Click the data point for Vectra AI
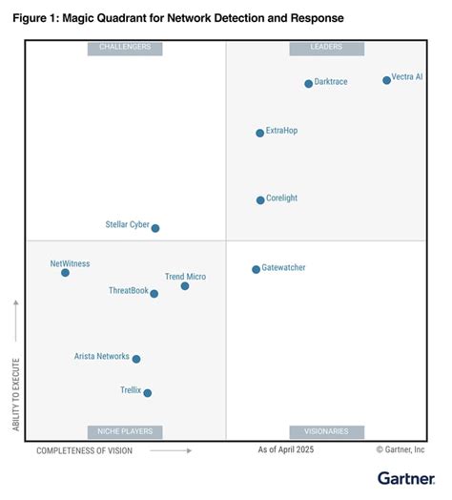386,80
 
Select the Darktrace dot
308,84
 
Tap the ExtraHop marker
259,134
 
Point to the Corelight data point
260,200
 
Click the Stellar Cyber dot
155,228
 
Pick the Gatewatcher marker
256,269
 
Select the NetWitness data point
65,273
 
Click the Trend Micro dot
185,286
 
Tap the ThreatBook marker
154,294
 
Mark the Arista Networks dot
136,359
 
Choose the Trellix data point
147,392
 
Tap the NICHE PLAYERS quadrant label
125,431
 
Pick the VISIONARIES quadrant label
326,431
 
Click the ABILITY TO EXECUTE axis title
16,394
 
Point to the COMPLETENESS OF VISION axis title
84,450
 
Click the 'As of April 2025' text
285,449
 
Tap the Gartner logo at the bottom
404,477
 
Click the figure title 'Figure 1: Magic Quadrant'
177,18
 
